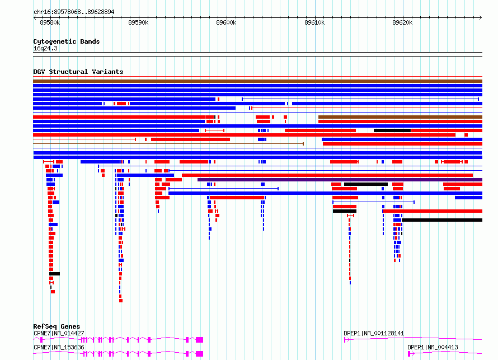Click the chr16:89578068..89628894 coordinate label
pyautogui.click(x=74, y=12)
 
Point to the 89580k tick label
pyautogui.click(x=50, y=22)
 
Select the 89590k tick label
pyautogui.click(x=138, y=22)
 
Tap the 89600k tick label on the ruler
pyautogui.click(x=226, y=22)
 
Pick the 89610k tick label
pyautogui.click(x=314, y=22)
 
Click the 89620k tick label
pyautogui.click(x=402, y=22)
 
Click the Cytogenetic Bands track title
pyautogui.click(x=67, y=41)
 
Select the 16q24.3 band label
pyautogui.click(x=45, y=48)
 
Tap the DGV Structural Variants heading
pyautogui.click(x=78, y=72)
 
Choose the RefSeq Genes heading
pyautogui.click(x=57, y=326)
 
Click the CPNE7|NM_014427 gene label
pyautogui.click(x=59, y=333)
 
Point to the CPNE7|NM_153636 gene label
pyautogui.click(x=59, y=347)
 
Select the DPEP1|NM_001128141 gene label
pyautogui.click(x=374, y=333)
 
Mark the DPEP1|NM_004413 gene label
pyautogui.click(x=433, y=347)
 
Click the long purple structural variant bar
pyautogui.click(x=340, y=180)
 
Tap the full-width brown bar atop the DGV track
pyautogui.click(x=257, y=81)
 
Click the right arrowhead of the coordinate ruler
pyautogui.click(x=481, y=17)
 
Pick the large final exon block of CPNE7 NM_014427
pyautogui.click(x=199, y=340)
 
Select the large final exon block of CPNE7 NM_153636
pyautogui.click(x=199, y=354)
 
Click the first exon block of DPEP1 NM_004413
pyautogui.click(x=409, y=354)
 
